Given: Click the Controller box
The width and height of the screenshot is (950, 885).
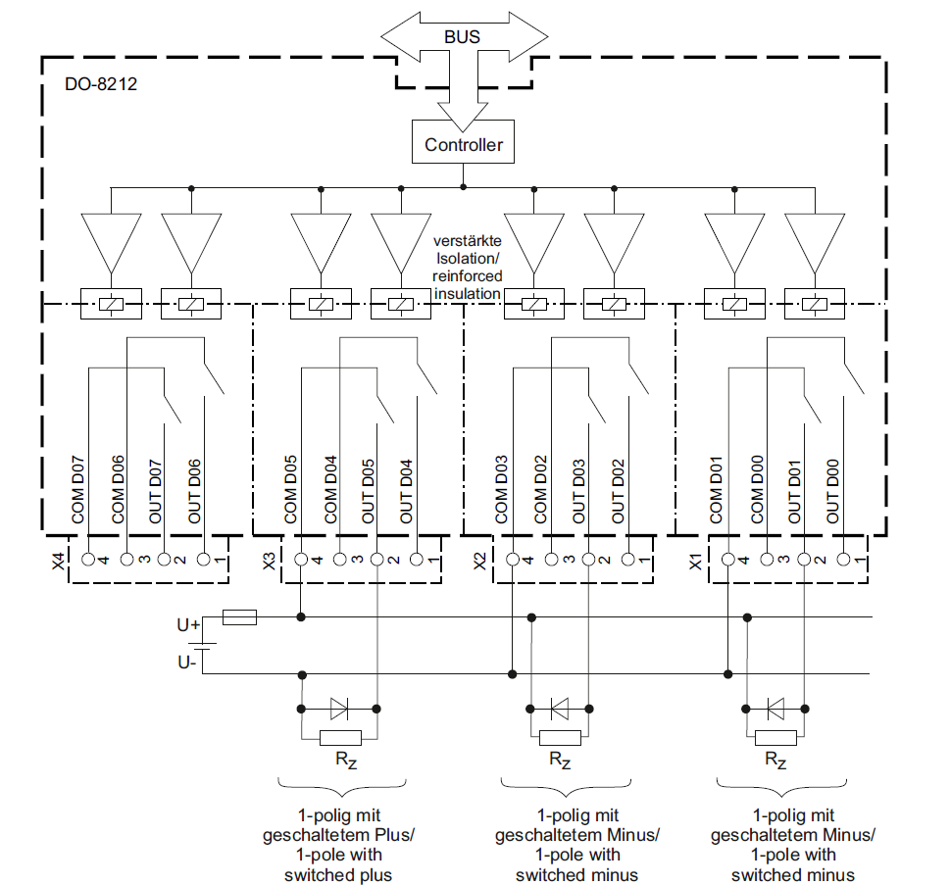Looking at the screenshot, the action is [463, 142].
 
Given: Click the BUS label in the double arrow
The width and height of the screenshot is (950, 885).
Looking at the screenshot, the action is [463, 37].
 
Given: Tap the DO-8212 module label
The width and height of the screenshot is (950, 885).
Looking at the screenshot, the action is [101, 83].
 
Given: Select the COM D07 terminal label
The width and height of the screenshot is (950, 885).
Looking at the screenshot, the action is [78, 489].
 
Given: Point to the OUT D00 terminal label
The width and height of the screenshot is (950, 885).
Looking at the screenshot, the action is [833, 491].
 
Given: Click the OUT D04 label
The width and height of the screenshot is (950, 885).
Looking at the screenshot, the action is [406, 491].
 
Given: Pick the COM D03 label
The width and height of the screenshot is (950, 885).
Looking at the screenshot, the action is [501, 489].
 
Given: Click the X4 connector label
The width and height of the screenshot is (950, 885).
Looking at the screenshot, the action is [58, 562].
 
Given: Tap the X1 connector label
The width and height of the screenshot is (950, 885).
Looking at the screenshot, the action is [696, 562].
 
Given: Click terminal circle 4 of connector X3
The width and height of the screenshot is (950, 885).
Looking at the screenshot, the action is [301, 559].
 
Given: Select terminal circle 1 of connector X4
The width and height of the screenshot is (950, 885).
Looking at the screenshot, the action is [204, 559].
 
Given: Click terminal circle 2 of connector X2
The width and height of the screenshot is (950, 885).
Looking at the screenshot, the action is [588, 559].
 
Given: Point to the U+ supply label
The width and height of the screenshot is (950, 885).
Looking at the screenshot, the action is [188, 624].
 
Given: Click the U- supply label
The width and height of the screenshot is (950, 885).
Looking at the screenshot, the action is [187, 663].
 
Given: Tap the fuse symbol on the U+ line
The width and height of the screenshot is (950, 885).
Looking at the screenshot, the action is [240, 617].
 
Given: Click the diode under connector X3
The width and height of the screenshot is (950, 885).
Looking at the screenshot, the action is [339, 709].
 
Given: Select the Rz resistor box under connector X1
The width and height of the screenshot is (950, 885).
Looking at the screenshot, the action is [775, 738].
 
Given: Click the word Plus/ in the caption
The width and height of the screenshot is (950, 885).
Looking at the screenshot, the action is [394, 835].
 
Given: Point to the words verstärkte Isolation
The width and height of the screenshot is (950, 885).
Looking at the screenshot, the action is [467, 250].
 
